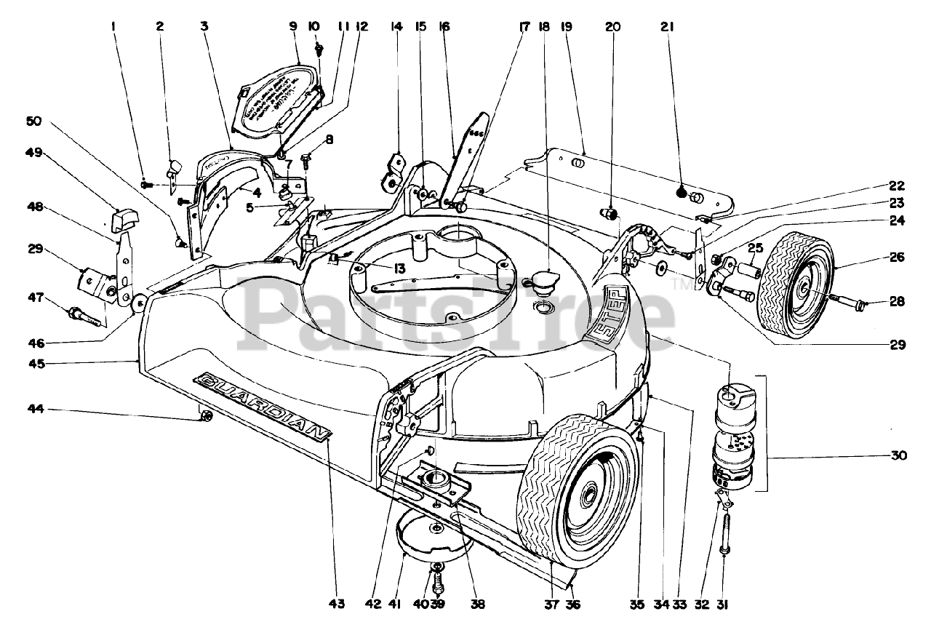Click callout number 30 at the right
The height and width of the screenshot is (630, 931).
pos(898,456)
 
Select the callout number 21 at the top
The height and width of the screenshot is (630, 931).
pos(668,27)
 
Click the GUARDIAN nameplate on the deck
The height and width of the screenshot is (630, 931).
pos(262,406)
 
